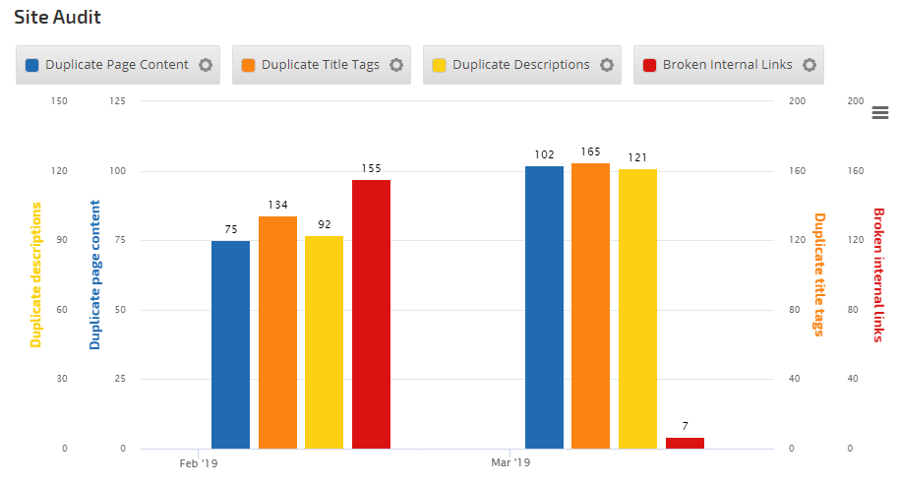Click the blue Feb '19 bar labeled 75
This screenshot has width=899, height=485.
coord(230,344)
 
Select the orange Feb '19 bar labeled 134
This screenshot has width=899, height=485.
coord(277,333)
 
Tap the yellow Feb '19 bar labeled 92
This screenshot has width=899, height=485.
coord(324,342)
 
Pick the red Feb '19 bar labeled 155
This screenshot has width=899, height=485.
coord(371,314)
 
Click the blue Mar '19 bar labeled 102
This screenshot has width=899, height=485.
coord(544,307)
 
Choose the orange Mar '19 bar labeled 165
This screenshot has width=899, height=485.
coord(590,306)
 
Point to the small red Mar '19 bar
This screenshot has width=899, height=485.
coord(685,443)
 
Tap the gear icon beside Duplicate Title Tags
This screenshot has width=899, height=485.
coord(395,65)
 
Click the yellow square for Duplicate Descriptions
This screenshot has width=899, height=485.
coord(439,65)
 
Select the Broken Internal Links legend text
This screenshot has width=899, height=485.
coord(728,65)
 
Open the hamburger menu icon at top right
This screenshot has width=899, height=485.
coord(880,113)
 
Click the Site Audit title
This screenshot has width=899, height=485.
coord(57,17)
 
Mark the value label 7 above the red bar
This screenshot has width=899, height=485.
coord(685,426)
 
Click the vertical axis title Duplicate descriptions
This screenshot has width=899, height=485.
coord(36,274)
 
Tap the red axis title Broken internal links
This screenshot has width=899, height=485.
coord(878,274)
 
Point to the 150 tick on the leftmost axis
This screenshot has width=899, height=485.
coord(59,101)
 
